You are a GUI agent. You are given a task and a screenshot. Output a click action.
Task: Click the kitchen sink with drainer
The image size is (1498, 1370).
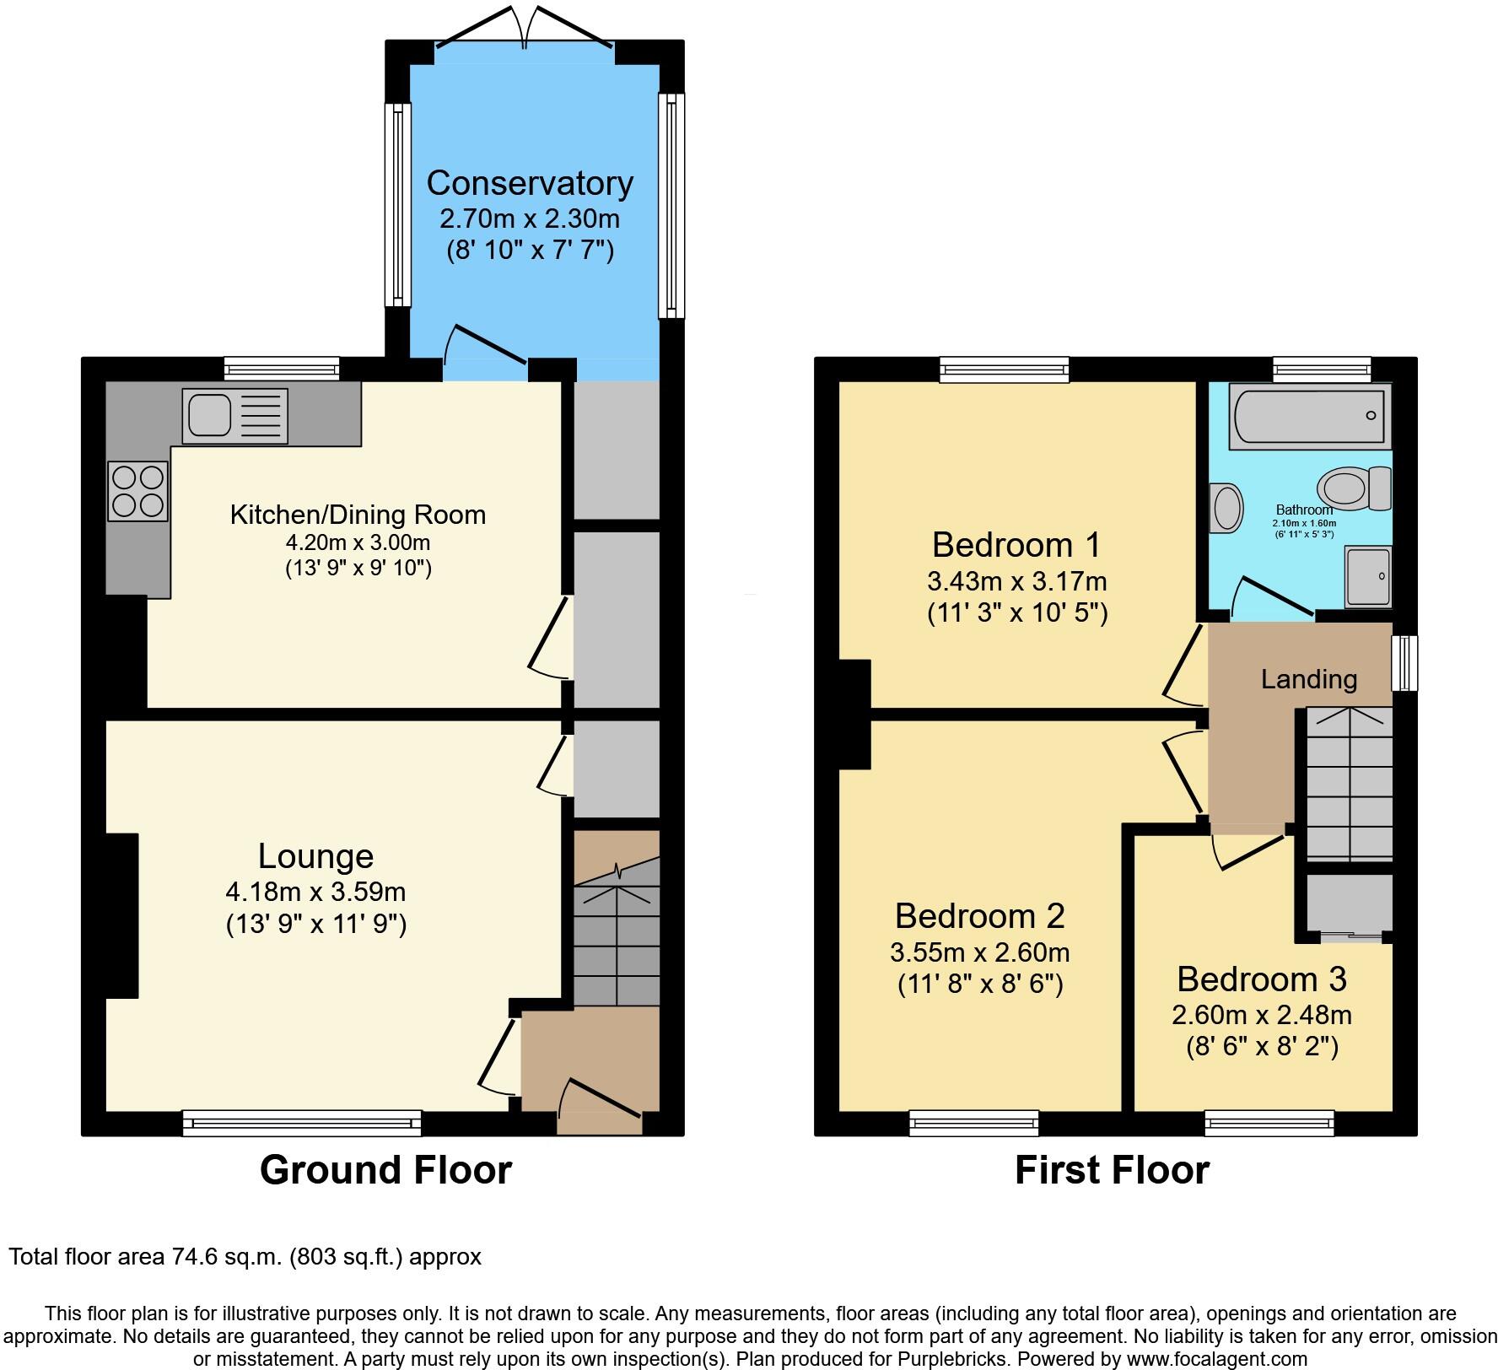coord(234,416)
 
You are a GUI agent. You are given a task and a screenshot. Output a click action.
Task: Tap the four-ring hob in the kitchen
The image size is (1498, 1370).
coord(137,492)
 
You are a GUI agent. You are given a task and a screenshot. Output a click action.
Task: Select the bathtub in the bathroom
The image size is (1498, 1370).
coord(1309,415)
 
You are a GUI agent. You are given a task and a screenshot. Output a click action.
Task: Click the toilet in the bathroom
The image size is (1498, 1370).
coord(1353,488)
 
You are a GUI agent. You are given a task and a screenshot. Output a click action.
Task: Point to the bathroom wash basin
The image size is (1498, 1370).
coord(1226,508)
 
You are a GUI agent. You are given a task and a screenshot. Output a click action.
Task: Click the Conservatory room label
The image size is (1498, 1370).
coord(530,183)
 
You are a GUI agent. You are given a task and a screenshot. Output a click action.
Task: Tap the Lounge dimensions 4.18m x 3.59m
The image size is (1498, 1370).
coord(315,891)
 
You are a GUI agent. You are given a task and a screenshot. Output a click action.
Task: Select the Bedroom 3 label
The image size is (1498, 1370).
coord(1261,979)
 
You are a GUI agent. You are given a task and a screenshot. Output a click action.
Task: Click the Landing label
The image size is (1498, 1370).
coord(1309,679)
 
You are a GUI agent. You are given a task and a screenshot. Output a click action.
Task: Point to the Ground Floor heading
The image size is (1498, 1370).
coord(385,1170)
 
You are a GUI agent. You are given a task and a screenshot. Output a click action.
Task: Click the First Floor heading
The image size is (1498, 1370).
coord(1112,1170)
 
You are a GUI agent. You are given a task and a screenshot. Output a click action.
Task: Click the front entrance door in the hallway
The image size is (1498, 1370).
coord(601,1099)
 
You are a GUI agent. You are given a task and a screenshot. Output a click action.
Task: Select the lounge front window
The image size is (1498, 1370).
coord(302,1123)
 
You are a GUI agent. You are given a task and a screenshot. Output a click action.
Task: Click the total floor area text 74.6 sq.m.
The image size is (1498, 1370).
coord(245,1257)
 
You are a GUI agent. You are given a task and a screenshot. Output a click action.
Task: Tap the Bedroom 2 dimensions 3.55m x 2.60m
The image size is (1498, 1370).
coord(979,952)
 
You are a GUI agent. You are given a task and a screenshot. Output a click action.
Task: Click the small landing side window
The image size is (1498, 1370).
coord(1404,663)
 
